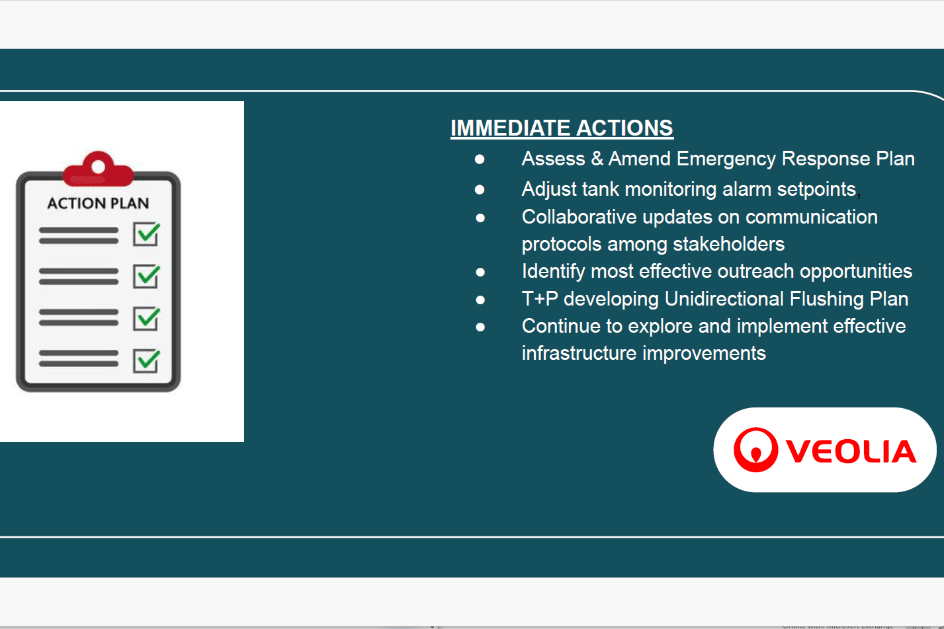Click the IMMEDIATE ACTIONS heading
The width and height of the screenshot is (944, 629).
[x=562, y=128]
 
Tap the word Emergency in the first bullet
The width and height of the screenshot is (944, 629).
[x=726, y=159]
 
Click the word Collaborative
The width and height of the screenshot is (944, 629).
[x=579, y=217]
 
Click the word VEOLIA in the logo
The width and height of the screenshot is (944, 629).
[x=851, y=452]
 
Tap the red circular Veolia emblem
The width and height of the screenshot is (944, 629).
[x=755, y=450]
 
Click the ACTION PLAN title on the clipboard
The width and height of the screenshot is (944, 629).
[x=98, y=203]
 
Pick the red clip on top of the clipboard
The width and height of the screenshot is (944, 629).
[x=98, y=169]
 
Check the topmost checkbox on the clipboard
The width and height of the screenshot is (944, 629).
[x=146, y=234]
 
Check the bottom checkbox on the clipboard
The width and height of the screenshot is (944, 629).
[x=146, y=360]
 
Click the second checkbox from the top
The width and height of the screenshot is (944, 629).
[x=146, y=276]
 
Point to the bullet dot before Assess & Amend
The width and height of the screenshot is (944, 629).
[x=480, y=159]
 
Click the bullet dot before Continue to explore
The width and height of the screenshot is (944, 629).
[x=480, y=327]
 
